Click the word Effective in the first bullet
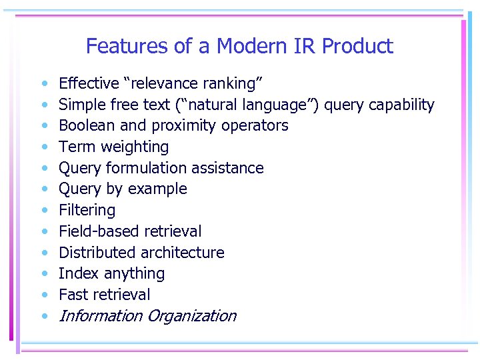[x=89, y=83]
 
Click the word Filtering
[x=87, y=211]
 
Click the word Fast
[x=73, y=295]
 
